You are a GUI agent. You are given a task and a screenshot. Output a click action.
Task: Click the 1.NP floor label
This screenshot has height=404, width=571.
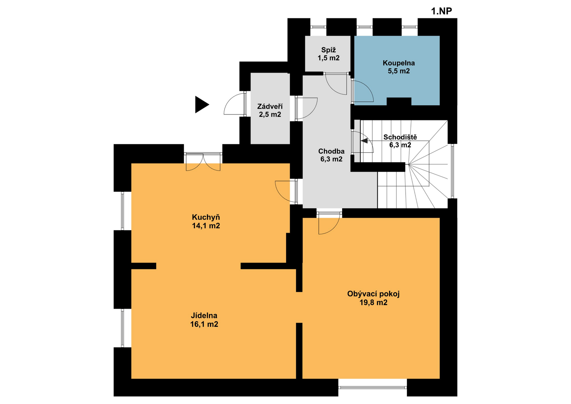(x=441, y=11)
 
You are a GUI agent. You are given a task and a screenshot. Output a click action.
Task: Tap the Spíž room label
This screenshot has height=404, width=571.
(x=328, y=50)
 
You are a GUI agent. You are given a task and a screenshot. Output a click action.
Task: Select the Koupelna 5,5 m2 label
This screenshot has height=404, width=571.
(x=399, y=67)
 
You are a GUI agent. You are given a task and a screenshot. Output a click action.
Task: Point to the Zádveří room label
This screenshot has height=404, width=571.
(x=270, y=107)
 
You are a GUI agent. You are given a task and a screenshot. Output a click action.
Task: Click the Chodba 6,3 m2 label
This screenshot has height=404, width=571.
(x=331, y=155)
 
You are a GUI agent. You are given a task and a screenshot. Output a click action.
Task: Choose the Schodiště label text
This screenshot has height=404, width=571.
(x=400, y=137)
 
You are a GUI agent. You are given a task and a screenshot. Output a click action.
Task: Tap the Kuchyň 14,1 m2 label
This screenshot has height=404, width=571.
(x=206, y=221)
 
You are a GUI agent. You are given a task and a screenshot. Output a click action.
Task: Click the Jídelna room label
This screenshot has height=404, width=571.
(x=204, y=315)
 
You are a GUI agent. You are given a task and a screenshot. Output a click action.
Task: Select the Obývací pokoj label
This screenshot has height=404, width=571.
(x=373, y=294)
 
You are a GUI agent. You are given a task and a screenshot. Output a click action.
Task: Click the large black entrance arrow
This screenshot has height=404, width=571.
(x=201, y=104)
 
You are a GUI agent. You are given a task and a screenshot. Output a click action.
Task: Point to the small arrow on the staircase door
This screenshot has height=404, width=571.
(x=364, y=141)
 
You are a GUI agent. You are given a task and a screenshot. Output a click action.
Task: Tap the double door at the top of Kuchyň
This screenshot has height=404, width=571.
(x=203, y=162)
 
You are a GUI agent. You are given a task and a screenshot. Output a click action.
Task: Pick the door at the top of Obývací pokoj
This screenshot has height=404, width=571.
(x=329, y=223)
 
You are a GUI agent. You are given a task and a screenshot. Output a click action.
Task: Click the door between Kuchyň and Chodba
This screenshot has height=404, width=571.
(x=286, y=192)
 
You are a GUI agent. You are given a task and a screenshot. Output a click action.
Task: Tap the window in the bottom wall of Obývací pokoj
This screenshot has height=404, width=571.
(x=373, y=387)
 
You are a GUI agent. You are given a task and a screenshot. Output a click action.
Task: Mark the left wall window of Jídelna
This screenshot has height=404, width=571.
(x=122, y=328)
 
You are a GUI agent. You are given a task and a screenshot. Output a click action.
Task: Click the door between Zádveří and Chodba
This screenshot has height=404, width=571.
(x=306, y=108)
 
